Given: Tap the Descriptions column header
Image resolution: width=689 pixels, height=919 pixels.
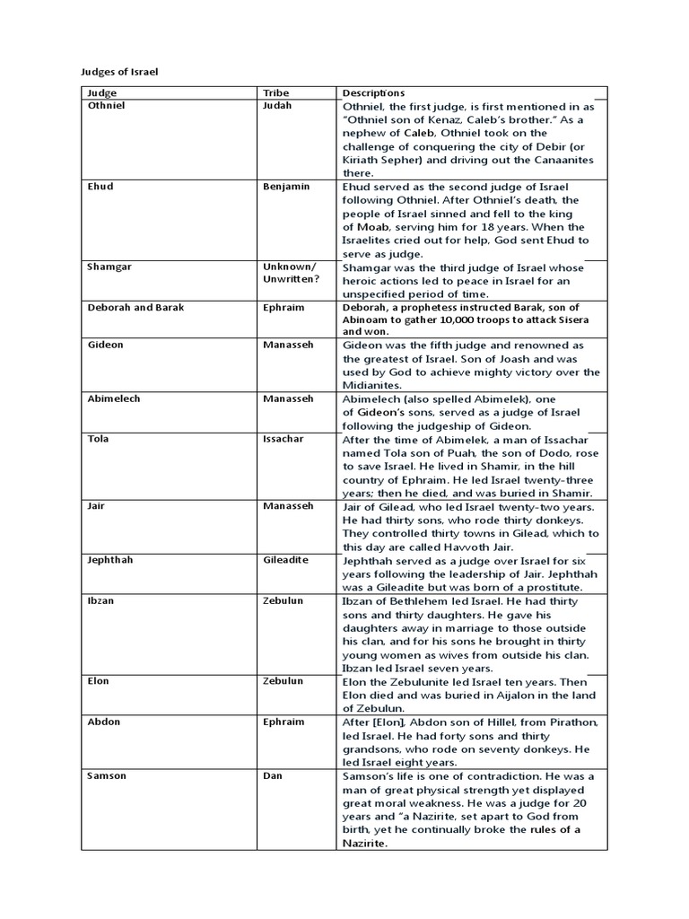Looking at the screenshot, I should pyautogui.click(x=373, y=92).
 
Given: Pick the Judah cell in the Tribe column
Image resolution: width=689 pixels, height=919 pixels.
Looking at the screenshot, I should pyautogui.click(x=278, y=105).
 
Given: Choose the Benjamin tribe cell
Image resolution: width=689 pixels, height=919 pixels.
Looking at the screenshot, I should pyautogui.click(x=285, y=187).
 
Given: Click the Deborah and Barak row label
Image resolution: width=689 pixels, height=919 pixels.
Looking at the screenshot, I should pyautogui.click(x=135, y=307).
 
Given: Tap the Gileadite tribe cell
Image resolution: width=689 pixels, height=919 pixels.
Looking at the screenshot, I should pyautogui.click(x=285, y=559).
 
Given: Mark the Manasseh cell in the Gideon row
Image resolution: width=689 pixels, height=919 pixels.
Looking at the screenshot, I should pyautogui.click(x=289, y=345).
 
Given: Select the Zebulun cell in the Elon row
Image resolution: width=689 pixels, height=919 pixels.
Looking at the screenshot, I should pyautogui.click(x=283, y=680).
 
